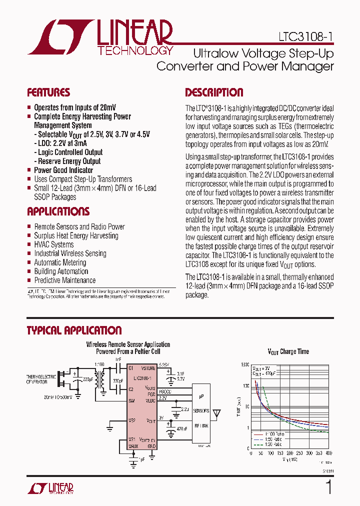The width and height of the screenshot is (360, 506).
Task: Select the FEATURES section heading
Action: point(48,92)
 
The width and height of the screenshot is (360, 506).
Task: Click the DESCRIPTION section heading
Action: point(214,92)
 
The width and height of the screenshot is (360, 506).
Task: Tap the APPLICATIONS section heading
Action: point(58,211)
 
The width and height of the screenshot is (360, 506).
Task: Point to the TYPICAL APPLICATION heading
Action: point(74,330)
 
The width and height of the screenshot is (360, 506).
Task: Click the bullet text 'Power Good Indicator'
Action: point(63,170)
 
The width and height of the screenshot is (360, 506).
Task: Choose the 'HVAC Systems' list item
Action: point(53,244)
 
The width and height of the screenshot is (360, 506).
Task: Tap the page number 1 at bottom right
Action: point(328,487)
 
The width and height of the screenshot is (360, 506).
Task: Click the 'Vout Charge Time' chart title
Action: point(288,352)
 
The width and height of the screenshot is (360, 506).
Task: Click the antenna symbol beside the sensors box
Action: point(216,413)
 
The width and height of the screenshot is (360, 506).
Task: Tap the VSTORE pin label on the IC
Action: point(148,367)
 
